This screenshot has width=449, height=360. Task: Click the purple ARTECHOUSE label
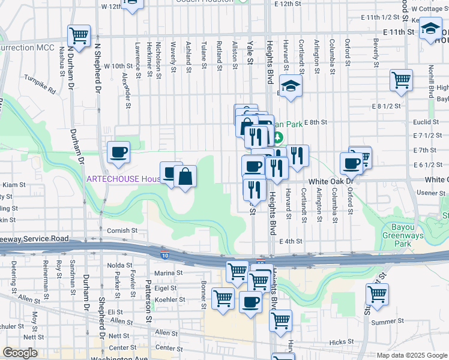tap(122, 179)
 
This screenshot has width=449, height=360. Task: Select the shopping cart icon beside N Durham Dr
tap(79, 35)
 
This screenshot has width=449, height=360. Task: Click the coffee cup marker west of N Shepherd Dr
tap(118, 152)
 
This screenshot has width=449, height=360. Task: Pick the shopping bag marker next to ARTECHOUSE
tap(185, 176)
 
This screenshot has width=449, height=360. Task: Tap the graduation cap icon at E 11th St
tap(430, 29)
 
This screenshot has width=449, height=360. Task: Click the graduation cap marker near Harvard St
tap(291, 88)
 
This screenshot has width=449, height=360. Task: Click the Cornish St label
tap(122, 230)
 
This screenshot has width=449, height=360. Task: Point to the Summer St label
tap(384, 322)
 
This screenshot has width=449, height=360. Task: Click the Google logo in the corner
tap(20, 352)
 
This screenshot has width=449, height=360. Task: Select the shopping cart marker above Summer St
tap(377, 294)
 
